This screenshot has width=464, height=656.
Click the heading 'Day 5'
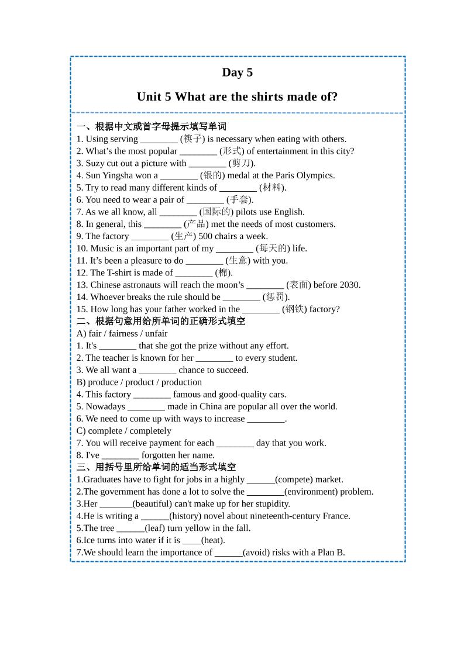pyautogui.click(x=237, y=72)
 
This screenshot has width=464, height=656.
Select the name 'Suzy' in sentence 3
pyautogui.click(x=97, y=163)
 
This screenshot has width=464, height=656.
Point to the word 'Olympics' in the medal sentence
pyautogui.click(x=315, y=175)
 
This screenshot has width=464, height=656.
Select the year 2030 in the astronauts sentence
pyautogui.click(x=349, y=285)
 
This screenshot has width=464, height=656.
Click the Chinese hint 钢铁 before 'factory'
pyautogui.click(x=294, y=309)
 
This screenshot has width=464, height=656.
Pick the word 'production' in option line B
pyautogui.click(x=181, y=382)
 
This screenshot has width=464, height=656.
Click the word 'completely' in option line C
pyautogui.click(x=150, y=431)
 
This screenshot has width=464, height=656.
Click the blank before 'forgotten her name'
pyautogui.click(x=120, y=455)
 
